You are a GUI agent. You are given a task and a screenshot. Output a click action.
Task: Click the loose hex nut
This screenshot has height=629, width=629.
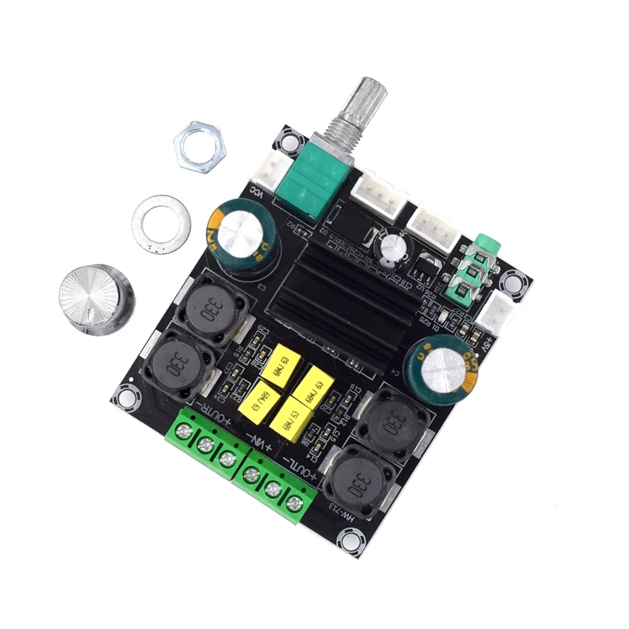click(200, 147)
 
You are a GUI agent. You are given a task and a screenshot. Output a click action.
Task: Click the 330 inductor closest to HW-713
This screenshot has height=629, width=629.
click(357, 477)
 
